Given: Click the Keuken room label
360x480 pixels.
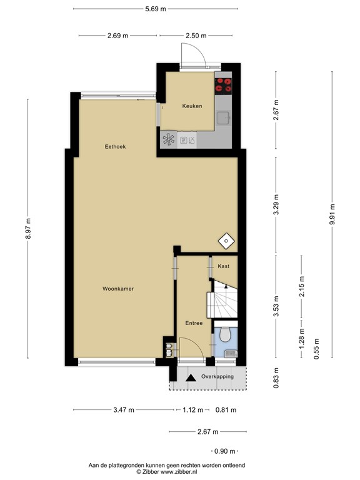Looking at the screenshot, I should click(192, 106).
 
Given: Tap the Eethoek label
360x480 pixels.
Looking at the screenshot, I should click(116, 146).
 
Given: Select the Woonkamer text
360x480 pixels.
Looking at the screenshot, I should click(119, 289).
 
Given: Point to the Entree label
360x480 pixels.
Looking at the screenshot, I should click(194, 322).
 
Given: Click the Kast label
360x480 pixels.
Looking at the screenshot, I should click(224, 266).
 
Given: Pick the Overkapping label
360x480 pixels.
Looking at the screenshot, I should click(217, 377).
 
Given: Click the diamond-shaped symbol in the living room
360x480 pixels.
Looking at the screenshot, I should click(225, 241).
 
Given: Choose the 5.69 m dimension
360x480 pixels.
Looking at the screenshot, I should click(155, 9).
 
